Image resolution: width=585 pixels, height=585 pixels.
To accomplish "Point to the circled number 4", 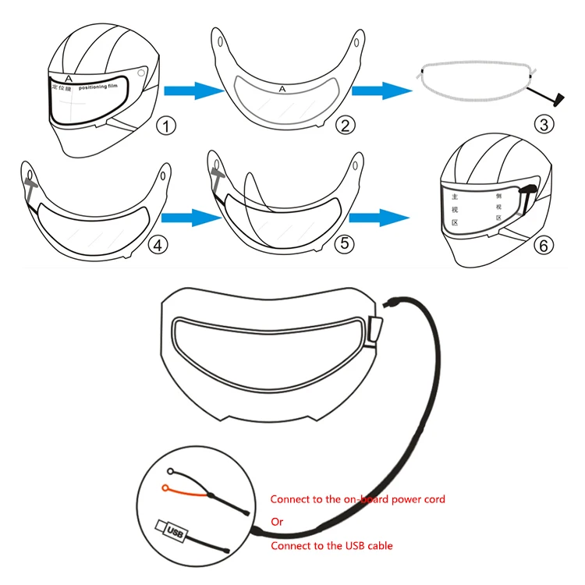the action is point(158,245).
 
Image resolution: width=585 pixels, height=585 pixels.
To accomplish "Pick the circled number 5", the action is point(343,245).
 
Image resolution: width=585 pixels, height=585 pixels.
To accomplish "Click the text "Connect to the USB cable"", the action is point(331,546).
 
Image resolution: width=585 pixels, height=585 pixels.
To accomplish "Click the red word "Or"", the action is point(276,522).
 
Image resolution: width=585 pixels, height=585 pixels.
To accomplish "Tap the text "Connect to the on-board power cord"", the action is point(357,498).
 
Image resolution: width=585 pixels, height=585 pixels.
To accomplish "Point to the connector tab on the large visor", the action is point(377,328).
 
